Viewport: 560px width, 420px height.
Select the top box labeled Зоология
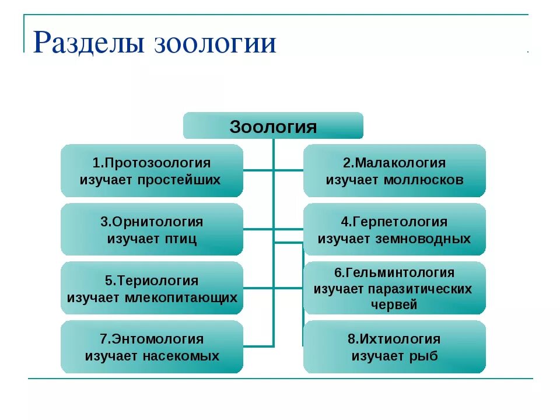(273, 126)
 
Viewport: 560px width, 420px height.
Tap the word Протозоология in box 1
(156, 163)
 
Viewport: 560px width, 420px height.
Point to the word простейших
(179, 179)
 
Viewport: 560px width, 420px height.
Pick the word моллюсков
(423, 179)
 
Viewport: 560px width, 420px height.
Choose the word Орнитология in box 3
(156, 222)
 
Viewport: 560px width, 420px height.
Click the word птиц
(180, 239)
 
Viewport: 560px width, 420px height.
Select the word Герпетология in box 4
(398, 222)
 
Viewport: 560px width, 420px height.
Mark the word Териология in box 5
(156, 281)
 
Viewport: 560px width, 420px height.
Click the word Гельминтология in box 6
(398, 272)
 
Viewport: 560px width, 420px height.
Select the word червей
(394, 304)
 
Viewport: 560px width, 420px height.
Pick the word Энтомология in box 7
(156, 339)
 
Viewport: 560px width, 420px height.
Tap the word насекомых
(180, 356)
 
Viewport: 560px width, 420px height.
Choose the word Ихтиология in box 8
(398, 339)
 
